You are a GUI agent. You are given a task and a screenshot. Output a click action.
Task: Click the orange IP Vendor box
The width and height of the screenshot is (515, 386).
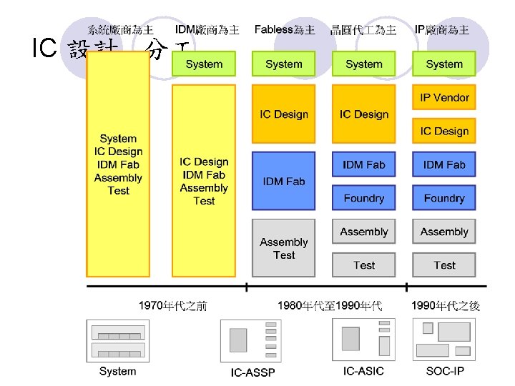(444, 97)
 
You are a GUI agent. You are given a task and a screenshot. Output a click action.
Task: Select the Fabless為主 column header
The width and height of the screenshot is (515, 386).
(284, 30)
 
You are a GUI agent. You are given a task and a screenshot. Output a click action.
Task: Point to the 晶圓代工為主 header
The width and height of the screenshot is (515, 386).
(363, 30)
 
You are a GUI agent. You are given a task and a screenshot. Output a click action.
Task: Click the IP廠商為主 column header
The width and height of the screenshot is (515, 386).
(443, 30)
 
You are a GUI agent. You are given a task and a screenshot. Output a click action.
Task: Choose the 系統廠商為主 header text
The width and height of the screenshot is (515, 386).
(120, 30)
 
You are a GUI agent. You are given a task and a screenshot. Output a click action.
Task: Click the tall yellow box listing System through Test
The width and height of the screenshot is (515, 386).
(118, 164)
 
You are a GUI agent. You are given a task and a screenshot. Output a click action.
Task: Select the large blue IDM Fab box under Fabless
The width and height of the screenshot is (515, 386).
(284, 181)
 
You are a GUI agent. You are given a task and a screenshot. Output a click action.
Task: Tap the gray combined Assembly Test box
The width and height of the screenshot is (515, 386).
(284, 248)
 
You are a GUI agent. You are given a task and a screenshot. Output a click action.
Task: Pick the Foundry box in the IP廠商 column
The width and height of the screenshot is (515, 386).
(444, 198)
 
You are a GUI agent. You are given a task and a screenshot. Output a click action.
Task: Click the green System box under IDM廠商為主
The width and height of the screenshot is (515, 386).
(204, 64)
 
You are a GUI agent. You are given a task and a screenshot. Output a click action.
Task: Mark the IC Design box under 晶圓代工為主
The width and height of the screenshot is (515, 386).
(363, 114)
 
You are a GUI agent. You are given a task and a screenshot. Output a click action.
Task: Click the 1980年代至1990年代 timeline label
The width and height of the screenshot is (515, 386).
(330, 306)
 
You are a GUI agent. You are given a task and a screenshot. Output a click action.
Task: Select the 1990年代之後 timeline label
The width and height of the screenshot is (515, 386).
(456, 306)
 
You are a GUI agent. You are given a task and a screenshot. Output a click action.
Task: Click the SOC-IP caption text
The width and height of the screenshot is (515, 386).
(444, 371)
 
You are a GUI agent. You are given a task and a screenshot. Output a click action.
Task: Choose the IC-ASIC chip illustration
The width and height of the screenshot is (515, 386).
(363, 339)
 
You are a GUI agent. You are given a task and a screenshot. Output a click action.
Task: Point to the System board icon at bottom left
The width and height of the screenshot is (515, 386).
(118, 340)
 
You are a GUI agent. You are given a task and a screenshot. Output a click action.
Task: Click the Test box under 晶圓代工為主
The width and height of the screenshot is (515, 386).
(363, 265)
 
